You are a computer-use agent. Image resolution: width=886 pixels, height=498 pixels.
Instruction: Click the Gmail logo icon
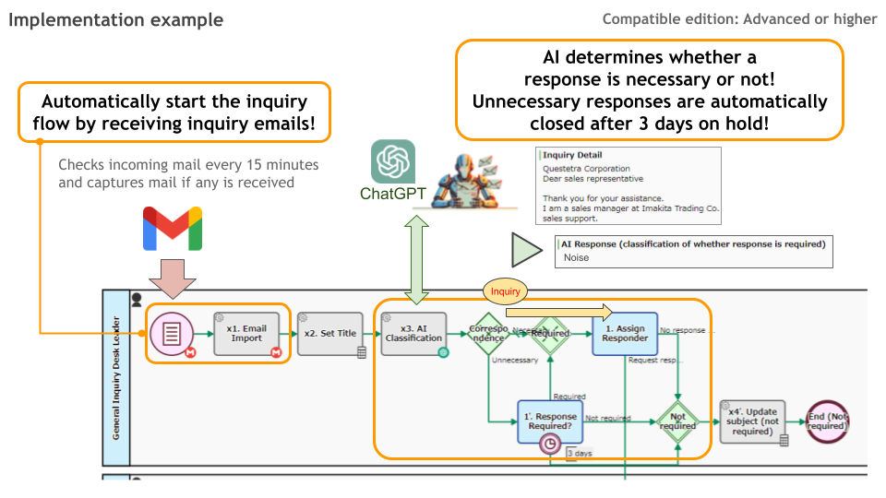173,229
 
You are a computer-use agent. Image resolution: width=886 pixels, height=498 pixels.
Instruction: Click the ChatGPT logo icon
393,161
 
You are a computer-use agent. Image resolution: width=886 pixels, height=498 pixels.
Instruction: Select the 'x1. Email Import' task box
246,333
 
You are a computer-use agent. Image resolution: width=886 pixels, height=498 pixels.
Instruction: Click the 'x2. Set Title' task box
330,334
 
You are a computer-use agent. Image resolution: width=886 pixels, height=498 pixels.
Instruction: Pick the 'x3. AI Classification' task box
413,334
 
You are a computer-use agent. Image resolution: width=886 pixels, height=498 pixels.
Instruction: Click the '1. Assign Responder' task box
624,334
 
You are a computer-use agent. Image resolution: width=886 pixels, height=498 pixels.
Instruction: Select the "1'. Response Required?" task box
550,421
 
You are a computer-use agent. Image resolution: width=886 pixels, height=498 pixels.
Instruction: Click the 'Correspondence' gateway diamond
487,333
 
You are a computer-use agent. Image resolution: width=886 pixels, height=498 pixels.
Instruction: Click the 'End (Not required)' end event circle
826,421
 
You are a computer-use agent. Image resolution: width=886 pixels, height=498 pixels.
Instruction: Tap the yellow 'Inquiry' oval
506,291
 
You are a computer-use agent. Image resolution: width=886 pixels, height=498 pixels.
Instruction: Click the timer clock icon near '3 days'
551,444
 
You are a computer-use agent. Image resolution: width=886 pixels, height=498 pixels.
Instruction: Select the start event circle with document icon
173,333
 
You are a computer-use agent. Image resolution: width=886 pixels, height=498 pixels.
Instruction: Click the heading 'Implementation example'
116,19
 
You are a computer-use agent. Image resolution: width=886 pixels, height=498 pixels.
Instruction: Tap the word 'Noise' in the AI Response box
577,258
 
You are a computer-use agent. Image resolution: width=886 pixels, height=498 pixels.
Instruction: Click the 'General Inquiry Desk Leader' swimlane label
116,378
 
